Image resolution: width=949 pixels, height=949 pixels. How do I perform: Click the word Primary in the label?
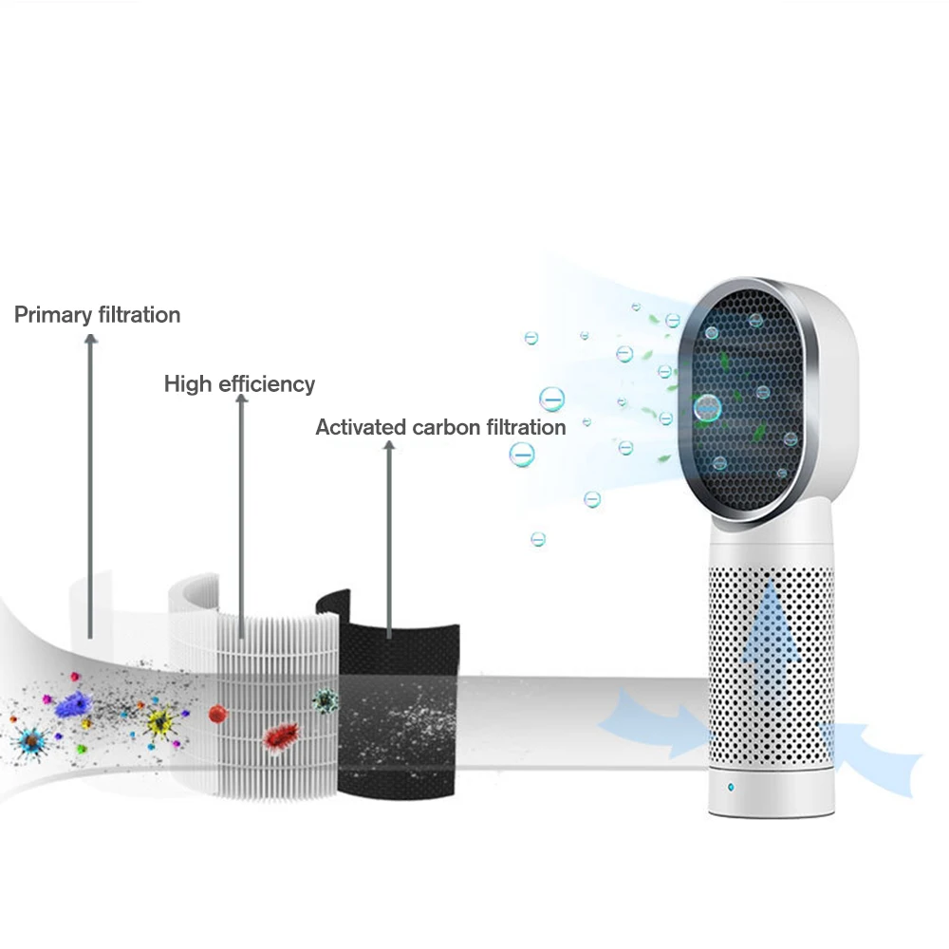click(x=53, y=315)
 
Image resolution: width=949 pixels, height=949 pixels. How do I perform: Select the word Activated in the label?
click(x=361, y=427)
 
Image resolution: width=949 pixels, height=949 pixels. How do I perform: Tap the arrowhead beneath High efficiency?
click(x=241, y=401)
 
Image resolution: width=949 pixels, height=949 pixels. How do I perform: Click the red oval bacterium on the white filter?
click(x=281, y=733)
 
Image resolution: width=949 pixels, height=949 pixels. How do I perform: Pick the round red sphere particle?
click(x=216, y=711)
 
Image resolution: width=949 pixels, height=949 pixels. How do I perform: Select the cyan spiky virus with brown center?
click(x=31, y=737)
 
